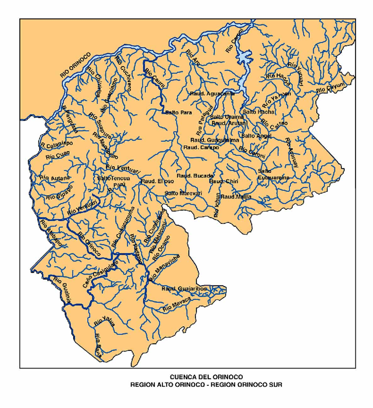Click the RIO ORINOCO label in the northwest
click(x=76, y=65)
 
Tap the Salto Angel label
click(x=256, y=136)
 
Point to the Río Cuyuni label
click(x=331, y=87)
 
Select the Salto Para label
click(x=179, y=113)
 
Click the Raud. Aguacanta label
click(x=212, y=93)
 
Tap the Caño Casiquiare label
click(x=100, y=274)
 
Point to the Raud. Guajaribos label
click(x=184, y=289)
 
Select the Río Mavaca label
click(x=177, y=304)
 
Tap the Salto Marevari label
click(x=183, y=193)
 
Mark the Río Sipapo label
click(x=59, y=192)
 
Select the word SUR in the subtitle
click(x=275, y=385)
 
